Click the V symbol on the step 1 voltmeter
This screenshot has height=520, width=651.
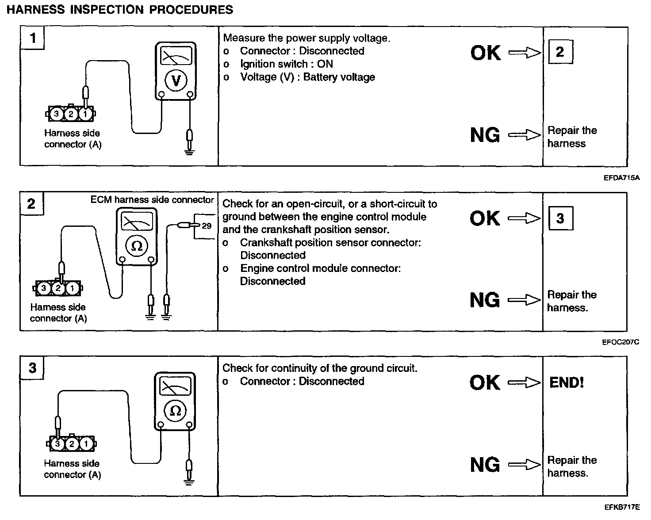coord(176,81)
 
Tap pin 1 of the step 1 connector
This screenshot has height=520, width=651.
coord(85,114)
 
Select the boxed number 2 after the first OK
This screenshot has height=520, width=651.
coord(560,52)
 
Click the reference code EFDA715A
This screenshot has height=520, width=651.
coord(621,178)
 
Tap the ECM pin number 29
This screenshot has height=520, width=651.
coord(207,226)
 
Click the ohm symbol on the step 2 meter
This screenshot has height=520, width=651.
coord(137,246)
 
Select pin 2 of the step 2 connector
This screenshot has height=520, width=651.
coord(58,289)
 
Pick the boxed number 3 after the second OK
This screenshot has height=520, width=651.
coord(560,218)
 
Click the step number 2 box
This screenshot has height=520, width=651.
coord(31,204)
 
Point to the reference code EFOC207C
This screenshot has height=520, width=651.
coord(620,342)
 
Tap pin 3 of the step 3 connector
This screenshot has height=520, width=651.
coord(57,444)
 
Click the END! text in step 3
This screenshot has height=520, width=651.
coord(567,382)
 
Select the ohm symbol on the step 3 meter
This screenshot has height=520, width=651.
coord(175,411)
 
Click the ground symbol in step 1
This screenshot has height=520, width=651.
coord(190,152)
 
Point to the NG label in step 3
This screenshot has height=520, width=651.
coord(485,465)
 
